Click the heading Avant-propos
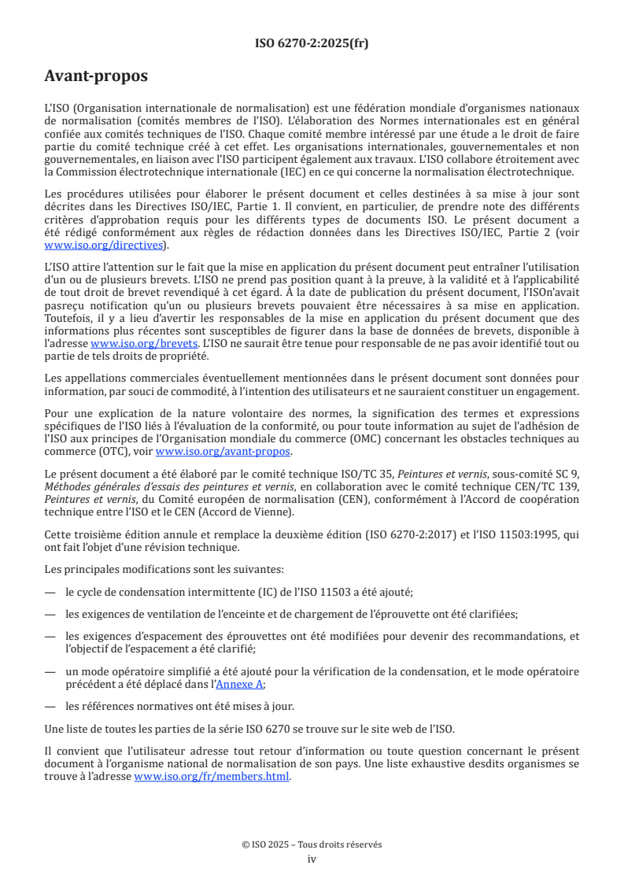96,76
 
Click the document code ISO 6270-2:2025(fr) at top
312,43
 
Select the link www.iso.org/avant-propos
223,451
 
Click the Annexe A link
240,684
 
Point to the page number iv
312,859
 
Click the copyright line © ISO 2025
312,844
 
